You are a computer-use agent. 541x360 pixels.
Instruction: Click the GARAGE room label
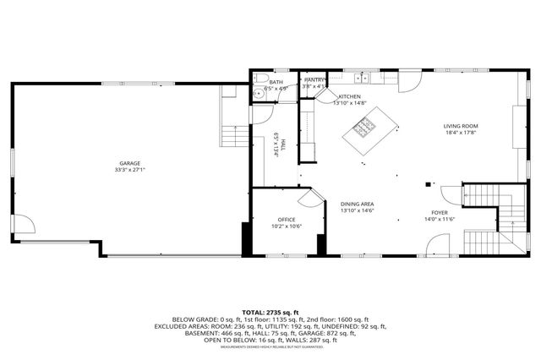[129, 163]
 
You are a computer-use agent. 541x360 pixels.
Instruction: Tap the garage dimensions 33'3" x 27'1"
[129, 170]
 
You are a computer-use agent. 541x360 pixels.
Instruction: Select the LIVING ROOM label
[461, 126]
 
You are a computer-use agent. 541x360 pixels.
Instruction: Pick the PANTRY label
[314, 79]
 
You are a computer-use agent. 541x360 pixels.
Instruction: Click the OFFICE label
[287, 220]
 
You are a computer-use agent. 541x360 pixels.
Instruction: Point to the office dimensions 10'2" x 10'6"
[287, 226]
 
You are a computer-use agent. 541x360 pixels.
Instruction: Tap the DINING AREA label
[358, 204]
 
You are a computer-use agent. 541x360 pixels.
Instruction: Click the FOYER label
[440, 212]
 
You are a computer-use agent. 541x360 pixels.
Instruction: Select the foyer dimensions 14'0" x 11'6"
[440, 219]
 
